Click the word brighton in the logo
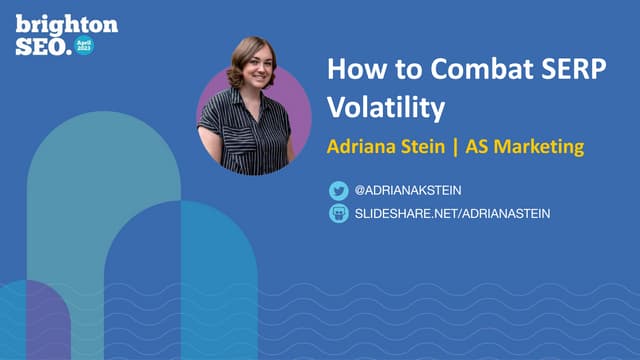coord(66,24)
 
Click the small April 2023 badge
coord(84,46)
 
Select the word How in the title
coord(352,70)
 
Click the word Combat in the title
coord(447,70)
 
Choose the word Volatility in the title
coord(385,104)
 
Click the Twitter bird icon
coord(338,190)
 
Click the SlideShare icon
coord(338,213)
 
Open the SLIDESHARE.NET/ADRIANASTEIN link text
coord(453,213)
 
